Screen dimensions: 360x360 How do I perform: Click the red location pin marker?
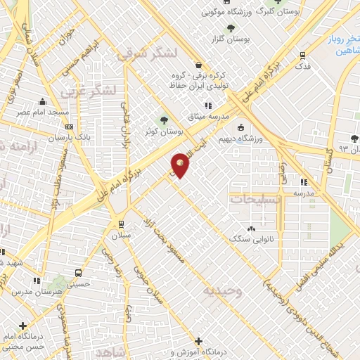181,165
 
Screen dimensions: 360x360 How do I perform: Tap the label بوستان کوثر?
167,131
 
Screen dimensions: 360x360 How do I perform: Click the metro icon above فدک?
303,54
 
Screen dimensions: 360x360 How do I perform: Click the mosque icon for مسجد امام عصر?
43,101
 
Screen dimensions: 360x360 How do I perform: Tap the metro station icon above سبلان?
121,225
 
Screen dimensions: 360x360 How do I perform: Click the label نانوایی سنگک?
248,239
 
